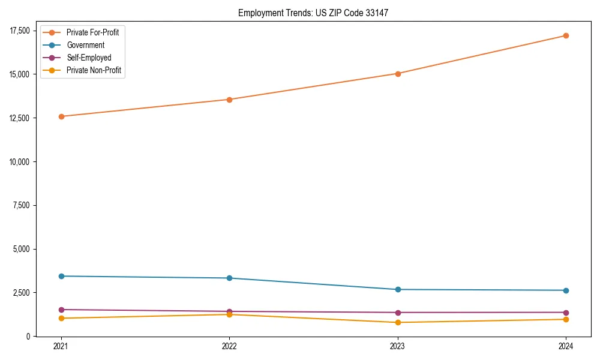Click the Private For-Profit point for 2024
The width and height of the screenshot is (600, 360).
(566, 35)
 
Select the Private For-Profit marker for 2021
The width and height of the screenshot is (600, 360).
(61, 116)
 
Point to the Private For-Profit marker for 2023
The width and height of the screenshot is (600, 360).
(398, 74)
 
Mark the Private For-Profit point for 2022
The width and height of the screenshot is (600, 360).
(229, 100)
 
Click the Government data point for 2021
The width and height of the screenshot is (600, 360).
(61, 276)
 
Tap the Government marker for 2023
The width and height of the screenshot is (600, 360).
(398, 290)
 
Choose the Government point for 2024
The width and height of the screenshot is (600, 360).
(566, 290)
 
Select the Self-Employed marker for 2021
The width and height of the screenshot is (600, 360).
(61, 310)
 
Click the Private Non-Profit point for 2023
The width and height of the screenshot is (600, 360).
(398, 323)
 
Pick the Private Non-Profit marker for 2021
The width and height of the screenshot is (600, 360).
(61, 318)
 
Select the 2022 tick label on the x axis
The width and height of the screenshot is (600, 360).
(229, 346)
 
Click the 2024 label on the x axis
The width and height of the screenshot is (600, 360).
(566, 346)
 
